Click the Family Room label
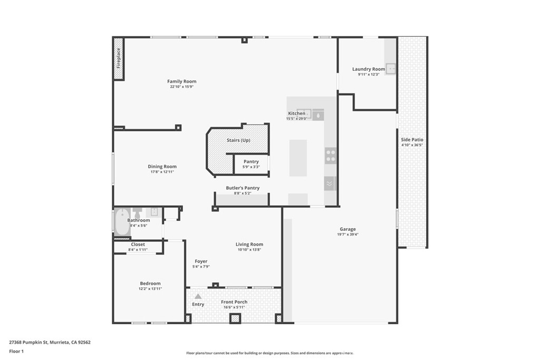click(181, 81)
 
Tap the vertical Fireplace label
click(119, 58)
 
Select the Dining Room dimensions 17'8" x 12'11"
click(162, 172)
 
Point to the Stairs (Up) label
click(238, 140)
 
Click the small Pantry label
click(251, 161)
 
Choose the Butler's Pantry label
click(243, 188)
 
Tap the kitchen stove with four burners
click(331, 155)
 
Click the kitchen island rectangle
click(298, 158)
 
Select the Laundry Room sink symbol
click(391, 69)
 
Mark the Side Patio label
click(412, 140)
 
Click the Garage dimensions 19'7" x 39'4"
click(348, 235)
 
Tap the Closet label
click(138, 245)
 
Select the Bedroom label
click(150, 284)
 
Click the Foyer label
click(201, 261)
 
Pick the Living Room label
click(249, 244)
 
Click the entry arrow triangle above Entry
click(198, 297)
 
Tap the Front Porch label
click(234, 302)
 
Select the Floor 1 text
click(17, 351)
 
